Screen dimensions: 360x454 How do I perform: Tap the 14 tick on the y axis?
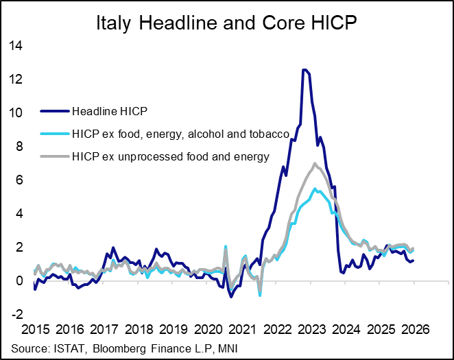pos(14,47)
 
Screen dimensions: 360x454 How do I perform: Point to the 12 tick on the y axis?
pos(14,80)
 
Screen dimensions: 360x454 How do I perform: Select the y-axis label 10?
pos(14,113)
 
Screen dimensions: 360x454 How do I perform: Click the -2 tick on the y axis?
pos(16,314)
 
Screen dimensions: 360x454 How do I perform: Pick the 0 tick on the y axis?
pos(19,280)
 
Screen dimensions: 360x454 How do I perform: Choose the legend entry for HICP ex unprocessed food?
pos(171,157)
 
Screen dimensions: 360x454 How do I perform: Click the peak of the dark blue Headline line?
pos(304,70)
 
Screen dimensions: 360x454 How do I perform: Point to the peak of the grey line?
pos(314,163)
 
